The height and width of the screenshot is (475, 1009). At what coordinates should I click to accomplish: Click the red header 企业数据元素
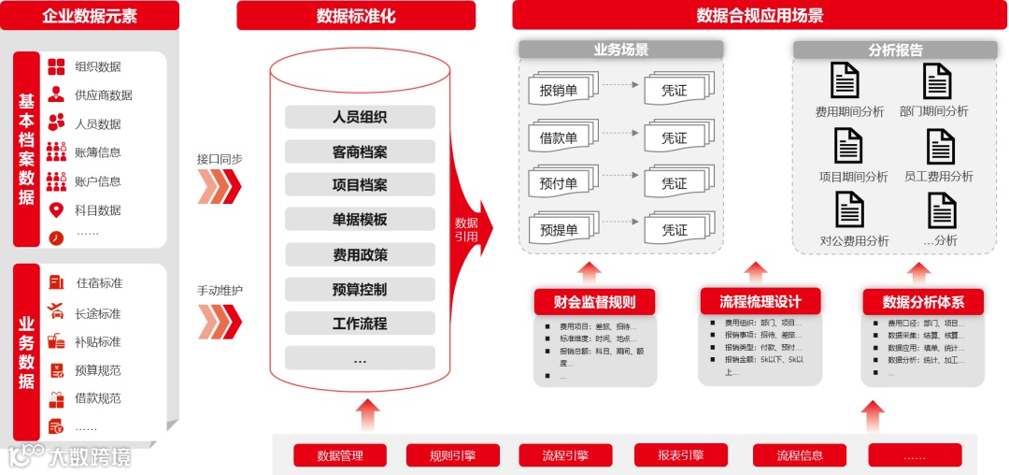(89, 16)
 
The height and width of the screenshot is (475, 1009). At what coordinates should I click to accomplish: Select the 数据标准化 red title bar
(356, 16)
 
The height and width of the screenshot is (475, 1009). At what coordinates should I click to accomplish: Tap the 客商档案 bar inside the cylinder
(360, 151)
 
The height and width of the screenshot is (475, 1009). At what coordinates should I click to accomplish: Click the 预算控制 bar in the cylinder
(360, 289)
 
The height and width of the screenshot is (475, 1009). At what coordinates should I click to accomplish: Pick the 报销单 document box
(559, 91)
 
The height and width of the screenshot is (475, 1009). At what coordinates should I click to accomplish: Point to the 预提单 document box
(559, 230)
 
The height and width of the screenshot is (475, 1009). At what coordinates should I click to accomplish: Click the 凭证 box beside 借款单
(675, 137)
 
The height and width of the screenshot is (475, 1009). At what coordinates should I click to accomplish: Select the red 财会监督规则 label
(594, 302)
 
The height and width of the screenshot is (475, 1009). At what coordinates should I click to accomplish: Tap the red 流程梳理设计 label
(760, 301)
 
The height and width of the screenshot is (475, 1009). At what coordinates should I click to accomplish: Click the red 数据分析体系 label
(923, 302)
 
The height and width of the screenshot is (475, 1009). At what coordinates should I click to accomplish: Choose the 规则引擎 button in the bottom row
(452, 455)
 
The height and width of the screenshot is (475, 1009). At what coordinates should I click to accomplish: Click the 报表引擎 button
(680, 455)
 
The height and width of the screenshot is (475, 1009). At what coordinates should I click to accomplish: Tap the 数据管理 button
(339, 455)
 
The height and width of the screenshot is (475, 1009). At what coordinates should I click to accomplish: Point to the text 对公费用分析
(854, 240)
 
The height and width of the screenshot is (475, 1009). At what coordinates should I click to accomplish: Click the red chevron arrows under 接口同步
(220, 186)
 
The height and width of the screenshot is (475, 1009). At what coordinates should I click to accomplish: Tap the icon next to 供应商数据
(57, 94)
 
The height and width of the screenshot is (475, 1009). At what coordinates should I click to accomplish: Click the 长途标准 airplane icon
(57, 312)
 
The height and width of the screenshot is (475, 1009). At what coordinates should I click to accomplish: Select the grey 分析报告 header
(895, 50)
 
